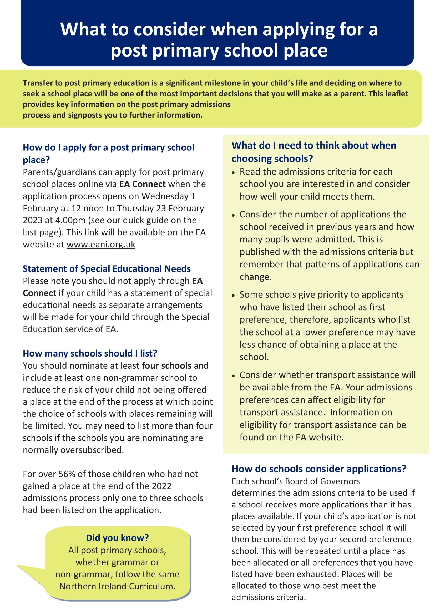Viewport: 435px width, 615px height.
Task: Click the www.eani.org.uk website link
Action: (x=101, y=244)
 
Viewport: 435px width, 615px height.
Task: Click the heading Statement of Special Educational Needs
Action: (x=107, y=269)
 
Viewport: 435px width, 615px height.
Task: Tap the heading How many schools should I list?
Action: (x=90, y=353)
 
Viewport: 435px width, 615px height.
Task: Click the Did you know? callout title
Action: (x=117, y=538)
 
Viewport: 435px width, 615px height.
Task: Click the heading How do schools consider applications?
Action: (x=319, y=469)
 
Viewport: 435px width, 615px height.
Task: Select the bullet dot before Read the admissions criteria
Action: (x=233, y=172)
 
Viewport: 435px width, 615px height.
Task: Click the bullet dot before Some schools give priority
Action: (x=233, y=296)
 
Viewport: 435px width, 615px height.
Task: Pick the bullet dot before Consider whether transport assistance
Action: (x=233, y=376)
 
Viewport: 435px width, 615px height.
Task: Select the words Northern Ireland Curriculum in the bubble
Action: (x=117, y=586)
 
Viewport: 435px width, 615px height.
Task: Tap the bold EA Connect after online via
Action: (x=142, y=184)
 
